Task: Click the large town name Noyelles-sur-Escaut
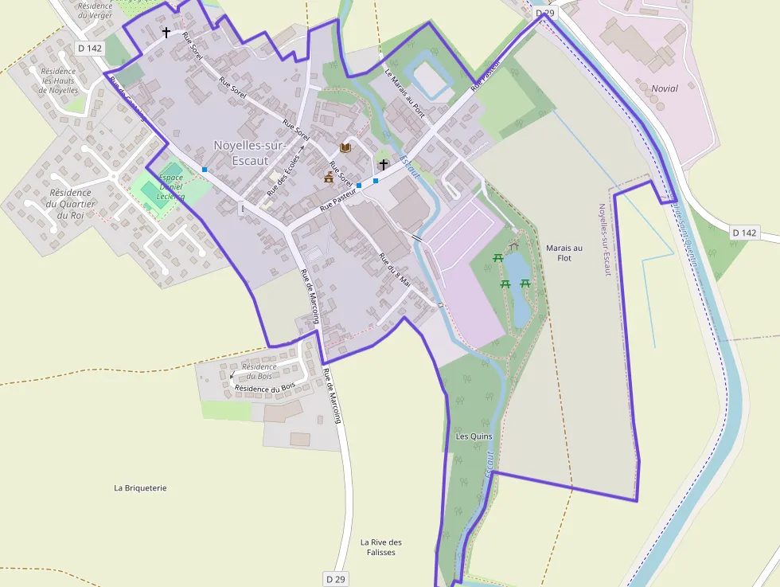(245, 152)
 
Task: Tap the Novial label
(665, 88)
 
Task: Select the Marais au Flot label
(564, 252)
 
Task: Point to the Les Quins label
(474, 436)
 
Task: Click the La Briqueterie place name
(140, 487)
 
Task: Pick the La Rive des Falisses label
(381, 547)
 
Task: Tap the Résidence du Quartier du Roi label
(70, 204)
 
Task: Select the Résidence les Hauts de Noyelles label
(59, 80)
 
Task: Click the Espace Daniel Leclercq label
(170, 187)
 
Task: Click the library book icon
(345, 148)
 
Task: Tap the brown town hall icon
(329, 178)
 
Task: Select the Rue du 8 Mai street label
(394, 270)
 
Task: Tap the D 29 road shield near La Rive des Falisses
(336, 578)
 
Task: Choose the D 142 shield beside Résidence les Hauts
(90, 48)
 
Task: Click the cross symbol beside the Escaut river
(384, 165)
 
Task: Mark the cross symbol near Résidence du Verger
(166, 33)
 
